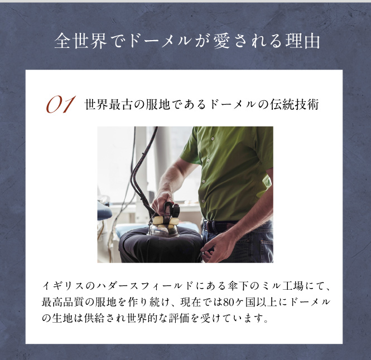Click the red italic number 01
(x=61, y=104)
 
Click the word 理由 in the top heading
(x=303, y=41)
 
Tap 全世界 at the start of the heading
(x=80, y=41)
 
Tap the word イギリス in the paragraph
(x=63, y=286)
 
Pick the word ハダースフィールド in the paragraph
(x=145, y=286)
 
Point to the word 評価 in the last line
(x=179, y=318)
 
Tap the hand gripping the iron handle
(x=162, y=202)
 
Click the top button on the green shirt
(x=213, y=139)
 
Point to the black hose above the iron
(x=142, y=170)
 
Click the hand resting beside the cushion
(x=216, y=247)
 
